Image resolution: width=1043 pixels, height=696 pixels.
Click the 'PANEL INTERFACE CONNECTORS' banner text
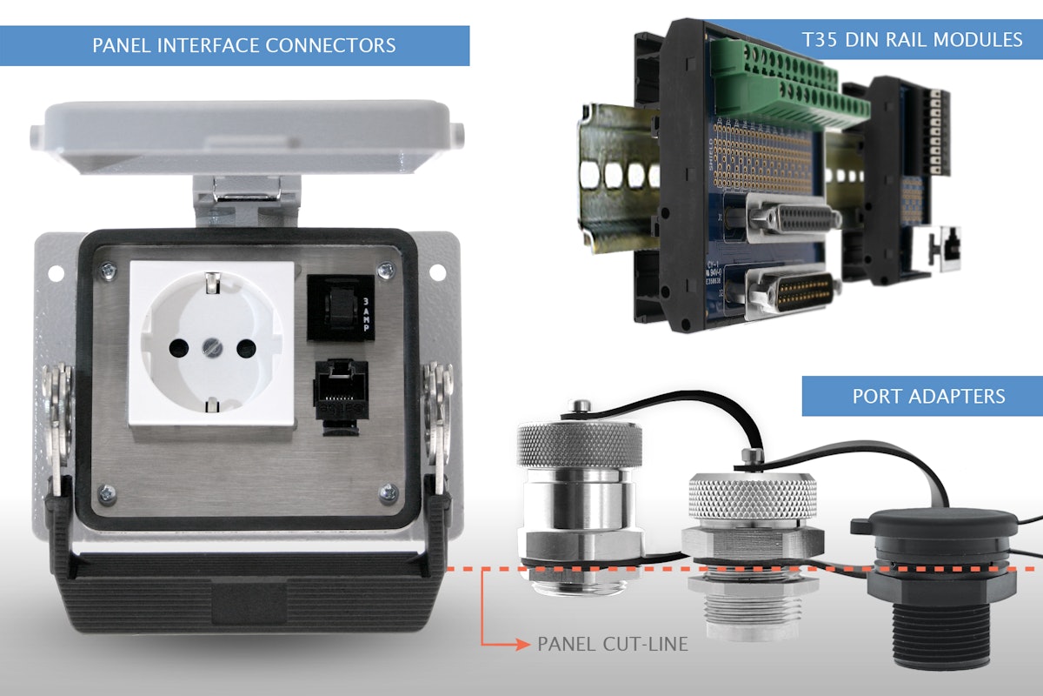click(244, 45)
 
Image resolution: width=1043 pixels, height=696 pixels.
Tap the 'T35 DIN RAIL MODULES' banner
click(913, 39)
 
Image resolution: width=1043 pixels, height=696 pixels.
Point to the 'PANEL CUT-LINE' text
click(613, 645)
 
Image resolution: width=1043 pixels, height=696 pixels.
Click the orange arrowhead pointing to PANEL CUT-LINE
click(521, 645)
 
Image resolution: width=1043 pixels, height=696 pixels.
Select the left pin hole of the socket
click(177, 348)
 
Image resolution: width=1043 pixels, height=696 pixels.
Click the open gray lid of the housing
click(252, 135)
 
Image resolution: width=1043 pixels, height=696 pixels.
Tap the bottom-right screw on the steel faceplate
click(386, 493)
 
